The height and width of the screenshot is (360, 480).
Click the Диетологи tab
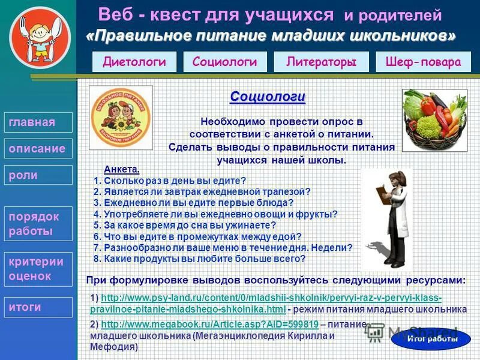134,62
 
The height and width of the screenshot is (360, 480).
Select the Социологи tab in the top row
225,62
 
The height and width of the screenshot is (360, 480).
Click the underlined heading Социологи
268,96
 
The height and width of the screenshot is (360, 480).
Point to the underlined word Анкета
121,169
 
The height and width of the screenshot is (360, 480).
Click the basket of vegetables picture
434,120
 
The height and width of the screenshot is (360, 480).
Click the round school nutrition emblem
121,117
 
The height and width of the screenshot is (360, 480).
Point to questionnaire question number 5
185,226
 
